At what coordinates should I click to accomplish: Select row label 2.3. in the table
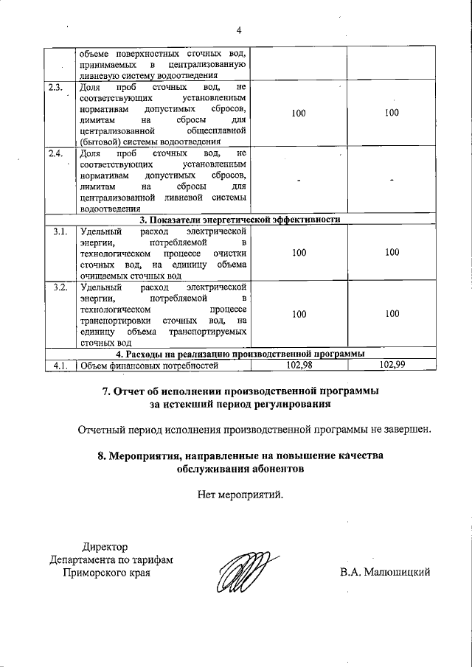56,88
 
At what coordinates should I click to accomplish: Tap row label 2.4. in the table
56,153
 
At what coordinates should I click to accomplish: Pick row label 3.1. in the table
60,231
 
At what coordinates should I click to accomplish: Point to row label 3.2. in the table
60,286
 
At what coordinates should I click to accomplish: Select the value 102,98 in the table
299,364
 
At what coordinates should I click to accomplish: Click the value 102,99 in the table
391,364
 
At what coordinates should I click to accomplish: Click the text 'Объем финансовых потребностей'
150,364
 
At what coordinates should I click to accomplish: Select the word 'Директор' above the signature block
105,546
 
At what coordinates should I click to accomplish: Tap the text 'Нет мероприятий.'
240,496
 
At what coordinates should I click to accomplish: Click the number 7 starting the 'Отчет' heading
105,391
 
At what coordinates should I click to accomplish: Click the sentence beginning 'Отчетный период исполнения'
254,430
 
